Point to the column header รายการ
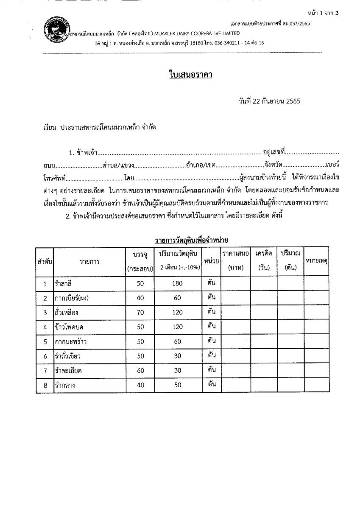(x=90, y=262)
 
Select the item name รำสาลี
(x=64, y=283)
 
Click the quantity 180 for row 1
(x=177, y=283)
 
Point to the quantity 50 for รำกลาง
(x=177, y=385)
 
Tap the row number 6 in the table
(x=45, y=356)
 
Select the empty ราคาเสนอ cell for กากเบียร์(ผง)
(x=235, y=298)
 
